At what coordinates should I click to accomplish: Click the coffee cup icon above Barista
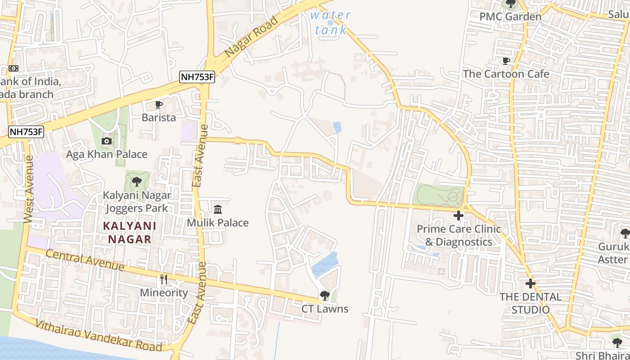pyautogui.click(x=158, y=105)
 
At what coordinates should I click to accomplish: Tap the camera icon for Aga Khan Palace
pyautogui.click(x=107, y=141)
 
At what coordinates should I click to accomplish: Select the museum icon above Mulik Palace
pyautogui.click(x=218, y=209)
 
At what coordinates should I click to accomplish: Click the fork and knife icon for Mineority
pyautogui.click(x=164, y=279)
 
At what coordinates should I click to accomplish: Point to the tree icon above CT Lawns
pyautogui.click(x=324, y=296)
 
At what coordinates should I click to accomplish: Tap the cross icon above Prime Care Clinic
pyautogui.click(x=459, y=216)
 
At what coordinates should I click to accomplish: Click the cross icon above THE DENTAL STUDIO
pyautogui.click(x=531, y=283)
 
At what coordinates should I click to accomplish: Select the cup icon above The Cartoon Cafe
pyautogui.click(x=506, y=61)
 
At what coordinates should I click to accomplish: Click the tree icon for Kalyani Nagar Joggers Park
pyautogui.click(x=137, y=182)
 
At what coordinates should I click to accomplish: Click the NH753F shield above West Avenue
pyautogui.click(x=26, y=132)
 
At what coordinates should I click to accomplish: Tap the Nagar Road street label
pyautogui.click(x=251, y=37)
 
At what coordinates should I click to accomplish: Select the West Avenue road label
pyautogui.click(x=28, y=189)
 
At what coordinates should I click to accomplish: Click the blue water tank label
pyautogui.click(x=331, y=22)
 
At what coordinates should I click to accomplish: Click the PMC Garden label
pyautogui.click(x=510, y=17)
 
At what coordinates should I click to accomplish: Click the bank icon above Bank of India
pyautogui.click(x=13, y=68)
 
